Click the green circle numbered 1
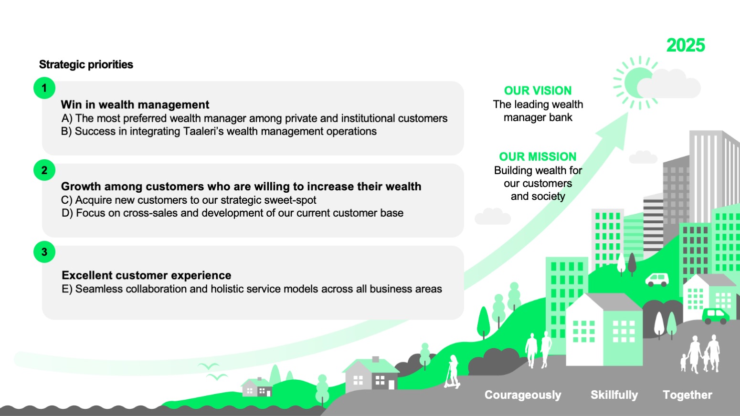[x=44, y=88]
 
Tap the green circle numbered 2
[x=44, y=170]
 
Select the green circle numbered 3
[x=44, y=252]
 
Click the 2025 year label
[x=686, y=45]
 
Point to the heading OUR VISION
[x=538, y=91]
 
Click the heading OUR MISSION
[x=538, y=156]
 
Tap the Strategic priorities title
[x=86, y=64]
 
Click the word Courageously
[x=523, y=395]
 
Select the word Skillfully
[x=614, y=395]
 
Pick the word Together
[x=687, y=395]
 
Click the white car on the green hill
[x=657, y=280]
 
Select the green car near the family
[x=715, y=316]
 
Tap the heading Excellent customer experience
[x=146, y=275]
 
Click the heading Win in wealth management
[x=135, y=104]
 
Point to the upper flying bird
[x=208, y=366]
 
